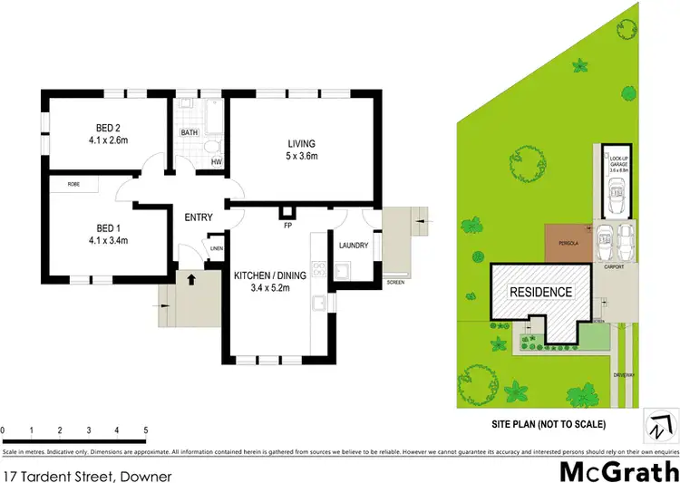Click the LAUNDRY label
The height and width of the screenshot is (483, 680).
coord(353,245)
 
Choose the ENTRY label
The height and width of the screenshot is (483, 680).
coord(199,217)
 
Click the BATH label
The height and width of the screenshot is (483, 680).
coord(189,133)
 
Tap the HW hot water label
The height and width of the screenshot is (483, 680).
coord(216,162)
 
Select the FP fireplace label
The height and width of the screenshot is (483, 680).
coord(287,224)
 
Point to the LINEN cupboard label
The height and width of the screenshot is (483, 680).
coord(216,247)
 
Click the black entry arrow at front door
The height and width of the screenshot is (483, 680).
coord(190,280)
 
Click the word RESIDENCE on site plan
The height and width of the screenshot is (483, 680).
coord(540,292)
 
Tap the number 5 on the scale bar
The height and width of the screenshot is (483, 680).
coord(146,430)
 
